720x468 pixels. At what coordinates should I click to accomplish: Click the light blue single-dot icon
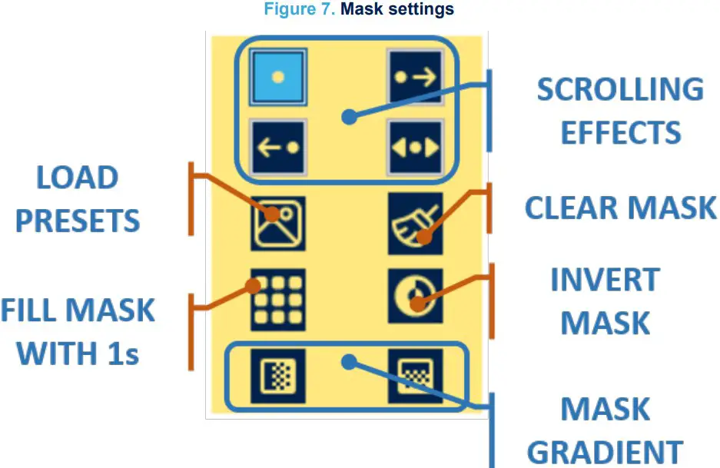(277, 77)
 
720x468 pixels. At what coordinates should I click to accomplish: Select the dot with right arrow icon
(415, 78)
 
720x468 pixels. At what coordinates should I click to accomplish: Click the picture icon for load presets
(277, 223)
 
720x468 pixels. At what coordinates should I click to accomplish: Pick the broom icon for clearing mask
(415, 223)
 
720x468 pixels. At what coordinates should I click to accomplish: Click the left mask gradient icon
(277, 376)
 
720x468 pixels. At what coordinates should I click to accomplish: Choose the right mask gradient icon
(415, 376)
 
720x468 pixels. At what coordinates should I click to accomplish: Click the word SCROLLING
(619, 90)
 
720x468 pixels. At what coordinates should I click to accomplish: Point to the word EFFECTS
(620, 133)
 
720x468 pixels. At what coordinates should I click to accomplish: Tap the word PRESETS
(78, 221)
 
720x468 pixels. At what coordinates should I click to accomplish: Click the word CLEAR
(571, 207)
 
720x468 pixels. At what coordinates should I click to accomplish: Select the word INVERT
(605, 280)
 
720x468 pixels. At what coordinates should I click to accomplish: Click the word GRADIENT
(605, 452)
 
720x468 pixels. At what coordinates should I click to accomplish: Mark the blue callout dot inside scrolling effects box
(349, 118)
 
